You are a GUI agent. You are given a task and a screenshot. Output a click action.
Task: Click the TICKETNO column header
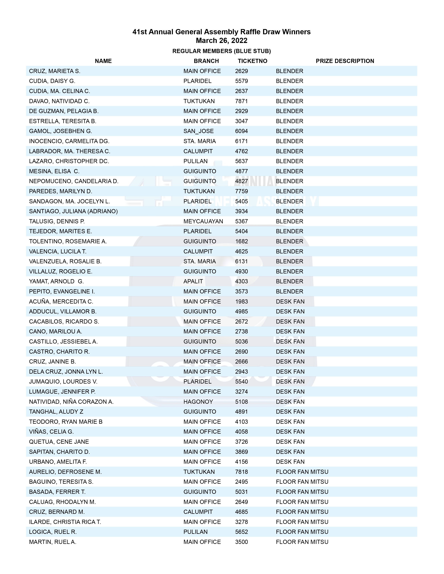tap(252, 61)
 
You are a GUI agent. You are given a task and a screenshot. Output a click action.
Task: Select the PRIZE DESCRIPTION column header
tap(345, 61)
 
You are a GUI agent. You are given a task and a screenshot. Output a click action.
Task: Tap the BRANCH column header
tap(206, 61)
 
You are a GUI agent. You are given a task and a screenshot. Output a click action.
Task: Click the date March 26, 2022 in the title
tap(221, 41)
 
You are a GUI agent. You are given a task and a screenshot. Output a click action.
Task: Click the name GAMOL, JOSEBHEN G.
tap(60, 131)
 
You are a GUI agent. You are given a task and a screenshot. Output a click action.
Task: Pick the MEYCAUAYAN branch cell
tap(203, 221)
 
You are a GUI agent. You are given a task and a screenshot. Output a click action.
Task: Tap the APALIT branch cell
tap(193, 281)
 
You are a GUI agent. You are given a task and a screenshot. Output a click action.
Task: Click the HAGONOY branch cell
tap(198, 402)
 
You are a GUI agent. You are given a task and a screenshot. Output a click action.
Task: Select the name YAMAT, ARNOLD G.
tap(56, 281)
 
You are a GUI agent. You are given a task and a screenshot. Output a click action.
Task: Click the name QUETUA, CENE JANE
tap(59, 442)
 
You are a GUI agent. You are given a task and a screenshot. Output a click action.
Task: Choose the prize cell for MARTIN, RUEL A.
tap(302, 542)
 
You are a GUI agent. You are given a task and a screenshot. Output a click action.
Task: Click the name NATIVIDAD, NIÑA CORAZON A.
tap(71, 402)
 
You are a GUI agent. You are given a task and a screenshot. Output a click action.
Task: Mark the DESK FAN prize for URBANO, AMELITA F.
tap(290, 462)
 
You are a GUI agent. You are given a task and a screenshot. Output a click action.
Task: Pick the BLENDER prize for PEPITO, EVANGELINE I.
tap(289, 292)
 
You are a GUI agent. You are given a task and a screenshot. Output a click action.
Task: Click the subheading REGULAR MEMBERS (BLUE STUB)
tap(221, 51)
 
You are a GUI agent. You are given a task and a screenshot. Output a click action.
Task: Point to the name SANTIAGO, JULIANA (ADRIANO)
tap(73, 211)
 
